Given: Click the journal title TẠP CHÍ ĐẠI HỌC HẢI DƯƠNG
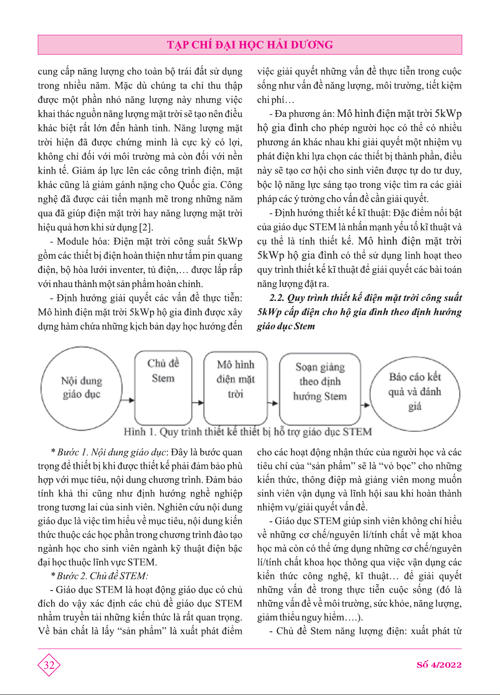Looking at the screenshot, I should [x=250, y=45].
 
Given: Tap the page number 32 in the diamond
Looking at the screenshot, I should [x=49, y=665].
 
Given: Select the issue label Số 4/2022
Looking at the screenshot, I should [x=439, y=665].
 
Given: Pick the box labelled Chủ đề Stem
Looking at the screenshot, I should [x=163, y=387].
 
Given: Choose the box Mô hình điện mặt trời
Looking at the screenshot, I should [x=235, y=387].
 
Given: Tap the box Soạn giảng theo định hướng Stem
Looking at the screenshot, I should [x=320, y=387].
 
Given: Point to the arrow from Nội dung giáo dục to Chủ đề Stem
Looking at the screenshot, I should [x=128, y=401].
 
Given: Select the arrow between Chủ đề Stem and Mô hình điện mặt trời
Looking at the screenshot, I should [x=198, y=403].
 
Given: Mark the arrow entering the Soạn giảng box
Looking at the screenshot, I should [x=273, y=403].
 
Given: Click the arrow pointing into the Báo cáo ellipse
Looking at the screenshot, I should [x=365, y=404].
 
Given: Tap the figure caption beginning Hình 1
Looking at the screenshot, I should [x=248, y=432].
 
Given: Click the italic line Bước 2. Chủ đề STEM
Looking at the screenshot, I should [x=102, y=576].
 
